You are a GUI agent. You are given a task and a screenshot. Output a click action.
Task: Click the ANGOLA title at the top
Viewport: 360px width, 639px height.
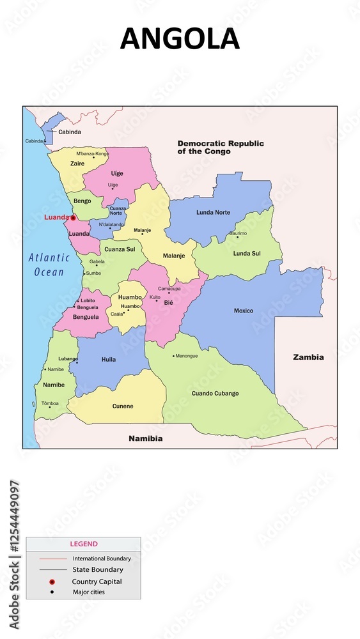click(x=180, y=38)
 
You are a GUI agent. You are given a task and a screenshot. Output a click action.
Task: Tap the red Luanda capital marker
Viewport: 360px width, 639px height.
click(x=73, y=217)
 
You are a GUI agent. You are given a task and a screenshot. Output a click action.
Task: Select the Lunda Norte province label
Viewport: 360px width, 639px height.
click(x=214, y=212)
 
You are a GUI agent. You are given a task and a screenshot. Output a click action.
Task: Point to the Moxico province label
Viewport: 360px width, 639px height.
click(x=243, y=311)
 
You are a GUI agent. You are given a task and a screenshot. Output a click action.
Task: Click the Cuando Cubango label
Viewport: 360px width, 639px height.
click(x=215, y=394)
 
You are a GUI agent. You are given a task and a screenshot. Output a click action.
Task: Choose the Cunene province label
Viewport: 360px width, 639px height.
click(x=123, y=406)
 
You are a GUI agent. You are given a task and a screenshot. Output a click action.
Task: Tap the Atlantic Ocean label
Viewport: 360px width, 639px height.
click(x=49, y=265)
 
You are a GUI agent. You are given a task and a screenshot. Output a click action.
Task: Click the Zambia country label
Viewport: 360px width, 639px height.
click(x=308, y=357)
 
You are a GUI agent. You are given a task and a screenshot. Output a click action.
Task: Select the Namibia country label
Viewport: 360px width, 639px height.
click(x=145, y=438)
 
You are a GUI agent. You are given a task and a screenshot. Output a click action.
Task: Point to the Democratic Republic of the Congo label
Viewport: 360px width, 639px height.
click(x=220, y=148)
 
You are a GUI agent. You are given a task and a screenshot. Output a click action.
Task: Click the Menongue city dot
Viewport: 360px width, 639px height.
click(x=173, y=356)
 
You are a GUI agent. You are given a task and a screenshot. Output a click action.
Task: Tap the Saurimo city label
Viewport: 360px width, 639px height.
click(x=238, y=233)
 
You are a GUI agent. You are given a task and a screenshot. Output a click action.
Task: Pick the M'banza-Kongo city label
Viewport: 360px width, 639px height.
click(x=93, y=154)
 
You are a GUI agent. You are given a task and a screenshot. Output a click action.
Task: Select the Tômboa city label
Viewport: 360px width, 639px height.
click(x=50, y=403)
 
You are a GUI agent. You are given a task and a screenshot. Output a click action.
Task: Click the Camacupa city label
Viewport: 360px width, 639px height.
click(x=169, y=288)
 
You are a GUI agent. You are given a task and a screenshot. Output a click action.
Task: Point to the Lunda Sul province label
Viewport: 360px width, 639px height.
click(x=247, y=254)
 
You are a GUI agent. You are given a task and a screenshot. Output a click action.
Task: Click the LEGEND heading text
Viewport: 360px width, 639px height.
click(x=83, y=544)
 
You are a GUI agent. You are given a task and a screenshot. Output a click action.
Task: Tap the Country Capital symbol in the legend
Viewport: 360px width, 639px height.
click(x=52, y=581)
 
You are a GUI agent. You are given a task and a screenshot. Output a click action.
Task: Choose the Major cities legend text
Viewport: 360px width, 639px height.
click(x=88, y=592)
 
